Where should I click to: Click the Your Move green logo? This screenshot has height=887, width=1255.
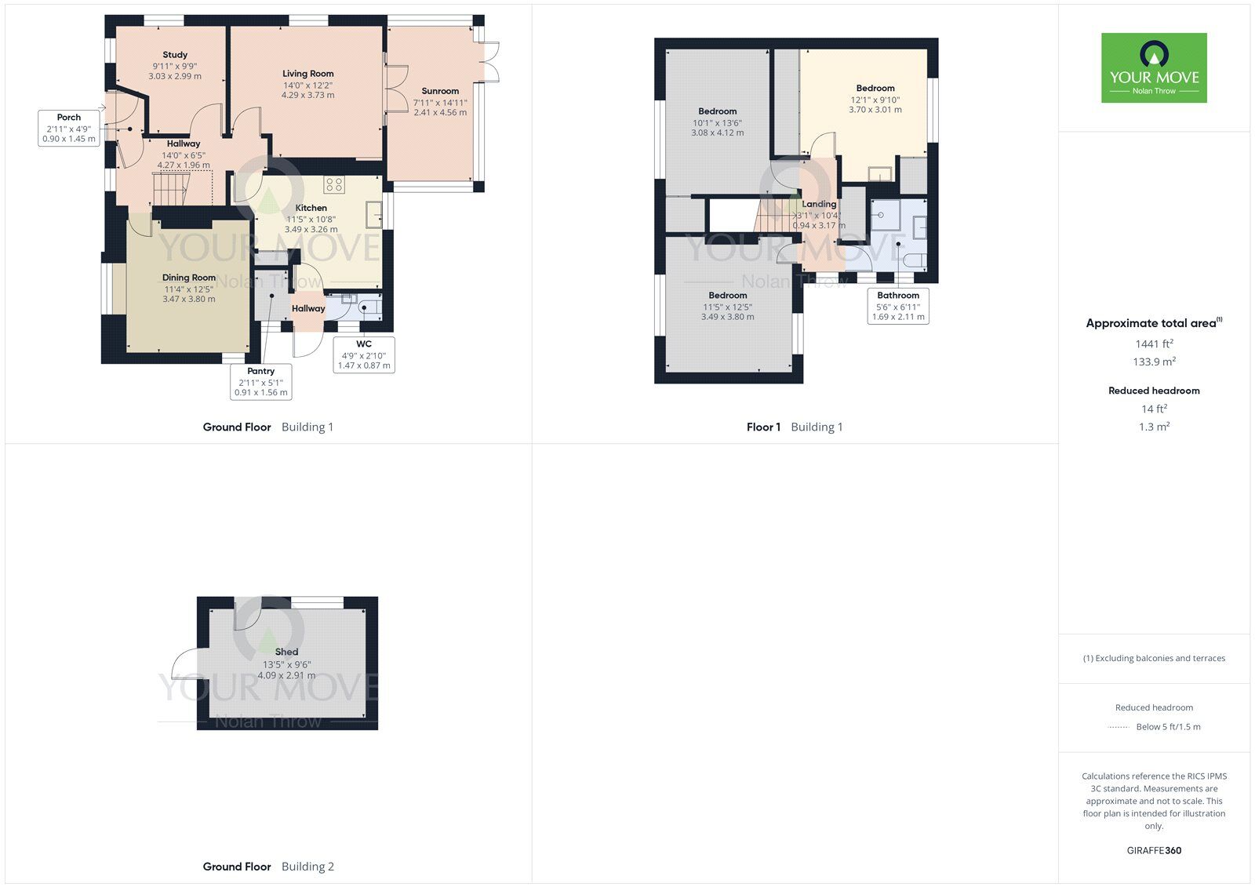[1153, 67]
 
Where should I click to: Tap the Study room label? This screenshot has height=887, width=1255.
[175, 55]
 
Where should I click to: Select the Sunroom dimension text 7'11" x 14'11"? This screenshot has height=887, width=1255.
[440, 102]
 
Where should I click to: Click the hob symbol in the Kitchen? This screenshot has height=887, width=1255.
[334, 184]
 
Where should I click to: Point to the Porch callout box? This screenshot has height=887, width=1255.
[69, 128]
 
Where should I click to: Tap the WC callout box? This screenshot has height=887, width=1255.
[364, 354]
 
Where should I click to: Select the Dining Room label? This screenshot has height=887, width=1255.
[189, 278]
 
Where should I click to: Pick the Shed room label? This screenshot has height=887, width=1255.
[286, 652]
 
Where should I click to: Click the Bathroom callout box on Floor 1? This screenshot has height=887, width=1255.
[898, 306]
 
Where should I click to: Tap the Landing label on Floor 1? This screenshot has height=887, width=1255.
[819, 204]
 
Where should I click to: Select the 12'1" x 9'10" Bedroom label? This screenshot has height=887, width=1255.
[875, 89]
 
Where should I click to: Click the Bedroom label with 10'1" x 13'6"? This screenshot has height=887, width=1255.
[717, 111]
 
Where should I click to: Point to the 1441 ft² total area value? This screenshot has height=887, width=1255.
[1154, 344]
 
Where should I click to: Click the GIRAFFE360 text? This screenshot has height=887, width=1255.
[1154, 850]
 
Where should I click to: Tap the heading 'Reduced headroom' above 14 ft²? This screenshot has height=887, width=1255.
[1154, 391]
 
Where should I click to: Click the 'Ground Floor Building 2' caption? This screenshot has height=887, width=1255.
[268, 867]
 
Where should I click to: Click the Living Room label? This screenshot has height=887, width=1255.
[307, 74]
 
